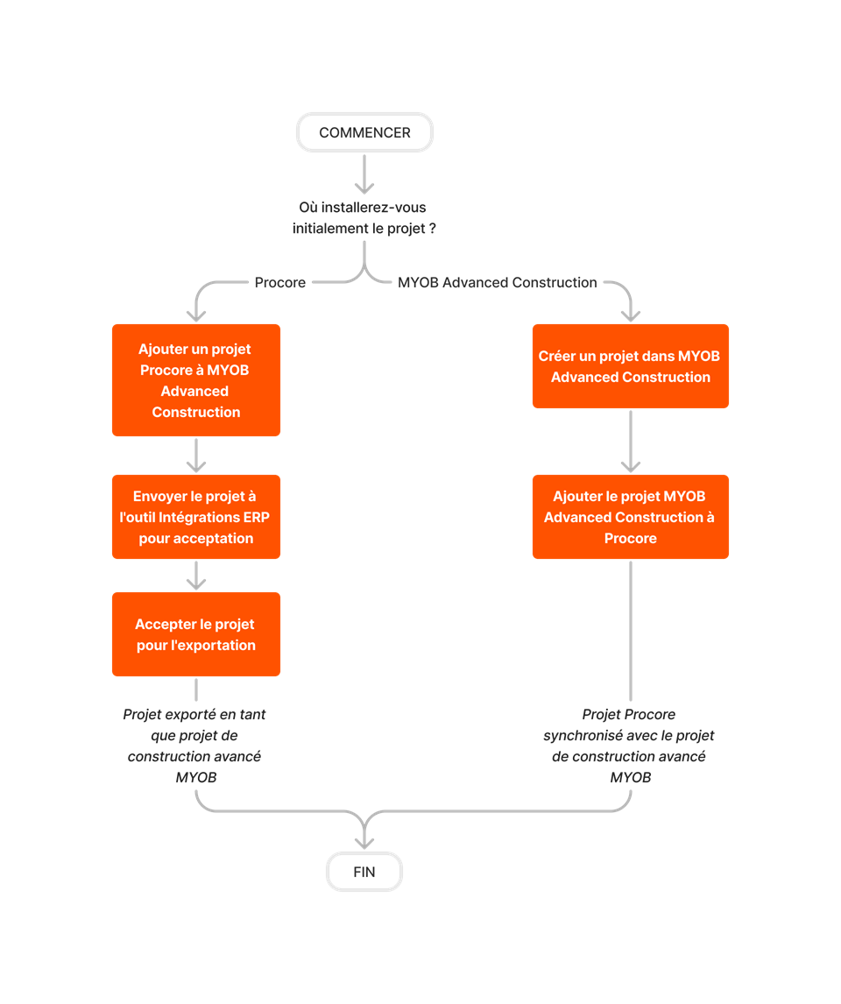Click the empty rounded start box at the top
click(x=364, y=132)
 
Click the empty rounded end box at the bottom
click(x=364, y=872)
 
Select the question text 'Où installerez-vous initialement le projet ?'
click(x=364, y=218)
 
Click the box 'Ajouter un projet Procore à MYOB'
click(x=196, y=380)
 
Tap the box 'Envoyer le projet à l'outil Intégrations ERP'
click(x=196, y=517)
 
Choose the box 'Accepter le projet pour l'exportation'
click(x=196, y=634)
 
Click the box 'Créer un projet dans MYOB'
click(x=631, y=366)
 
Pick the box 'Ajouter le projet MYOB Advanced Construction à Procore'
click(x=631, y=517)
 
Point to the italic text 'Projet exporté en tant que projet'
click(x=194, y=746)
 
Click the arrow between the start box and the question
click(x=364, y=176)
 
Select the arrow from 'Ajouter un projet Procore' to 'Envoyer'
click(x=196, y=456)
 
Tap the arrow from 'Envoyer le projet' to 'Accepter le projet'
click(x=196, y=576)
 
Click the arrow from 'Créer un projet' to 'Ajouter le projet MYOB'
click(x=631, y=442)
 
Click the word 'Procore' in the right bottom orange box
click(x=631, y=538)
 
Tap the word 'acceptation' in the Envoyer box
click(x=217, y=538)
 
